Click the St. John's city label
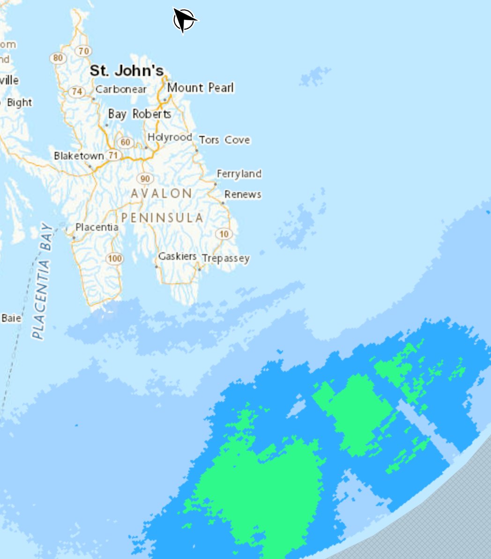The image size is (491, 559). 126,71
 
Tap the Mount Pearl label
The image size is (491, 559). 201,88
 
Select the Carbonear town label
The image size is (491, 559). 121,89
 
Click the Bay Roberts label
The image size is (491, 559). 139,114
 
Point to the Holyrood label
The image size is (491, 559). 170,137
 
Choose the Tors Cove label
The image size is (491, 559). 224,140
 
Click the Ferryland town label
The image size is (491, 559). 239,174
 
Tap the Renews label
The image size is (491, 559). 243,194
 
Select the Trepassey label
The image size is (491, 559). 225,258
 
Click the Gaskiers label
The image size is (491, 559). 177,256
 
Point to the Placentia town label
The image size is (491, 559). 97,227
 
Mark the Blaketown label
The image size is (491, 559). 78,156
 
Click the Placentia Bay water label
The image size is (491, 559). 42,281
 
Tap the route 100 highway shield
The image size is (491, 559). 114,258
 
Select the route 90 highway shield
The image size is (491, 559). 145,178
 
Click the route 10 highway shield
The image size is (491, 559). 224,234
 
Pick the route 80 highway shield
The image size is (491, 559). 58,58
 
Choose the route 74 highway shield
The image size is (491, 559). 76,91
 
